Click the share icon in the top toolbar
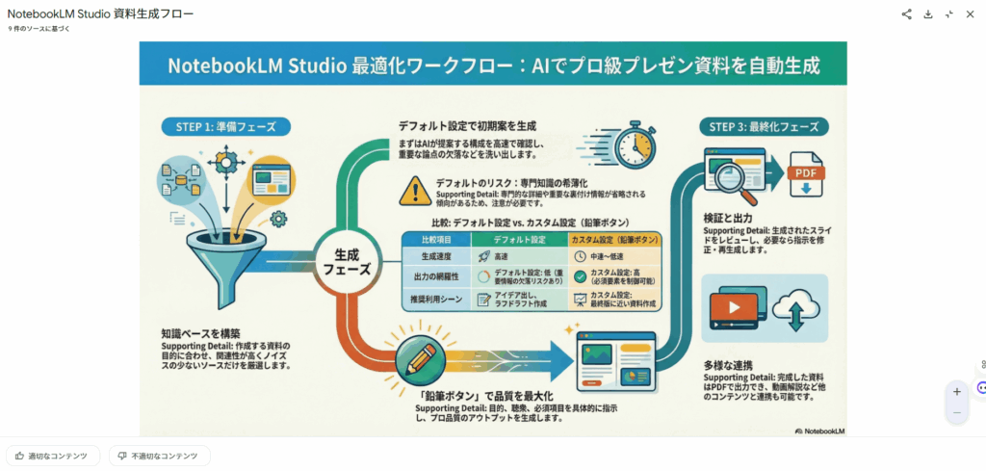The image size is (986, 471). tap(906, 14)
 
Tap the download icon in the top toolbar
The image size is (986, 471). tap(927, 14)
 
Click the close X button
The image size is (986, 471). tap(970, 14)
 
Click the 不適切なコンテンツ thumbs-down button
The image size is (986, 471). tap(159, 456)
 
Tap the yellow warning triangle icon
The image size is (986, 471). tap(415, 191)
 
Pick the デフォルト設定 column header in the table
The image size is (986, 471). tap(519, 238)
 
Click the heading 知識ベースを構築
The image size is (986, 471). tap(201, 334)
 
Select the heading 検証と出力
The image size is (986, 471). tap(729, 219)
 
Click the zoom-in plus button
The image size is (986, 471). tap(956, 392)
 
